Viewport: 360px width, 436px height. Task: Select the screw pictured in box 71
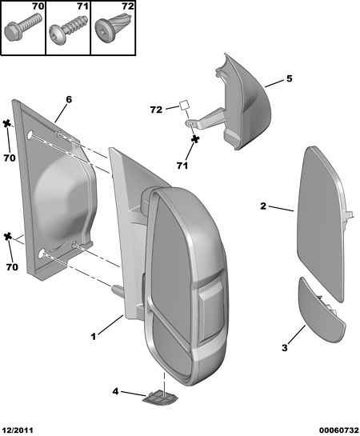point(67,32)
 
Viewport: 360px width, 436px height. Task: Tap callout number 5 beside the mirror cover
point(289,78)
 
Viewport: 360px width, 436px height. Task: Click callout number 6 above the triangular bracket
point(69,99)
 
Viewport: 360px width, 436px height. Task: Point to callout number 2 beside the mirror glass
point(263,206)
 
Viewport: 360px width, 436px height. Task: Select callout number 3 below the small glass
point(284,347)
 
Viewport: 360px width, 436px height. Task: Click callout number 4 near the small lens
point(115,391)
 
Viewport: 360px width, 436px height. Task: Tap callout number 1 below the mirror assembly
point(94,337)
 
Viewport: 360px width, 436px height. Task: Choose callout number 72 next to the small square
point(156,110)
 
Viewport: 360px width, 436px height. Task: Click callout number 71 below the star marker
point(182,166)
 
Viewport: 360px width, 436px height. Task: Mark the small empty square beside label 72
point(184,106)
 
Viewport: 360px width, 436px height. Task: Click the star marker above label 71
point(195,139)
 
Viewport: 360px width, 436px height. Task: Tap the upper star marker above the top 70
point(6,124)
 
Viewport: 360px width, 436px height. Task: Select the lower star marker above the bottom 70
point(8,237)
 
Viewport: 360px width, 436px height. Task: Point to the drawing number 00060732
point(339,430)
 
